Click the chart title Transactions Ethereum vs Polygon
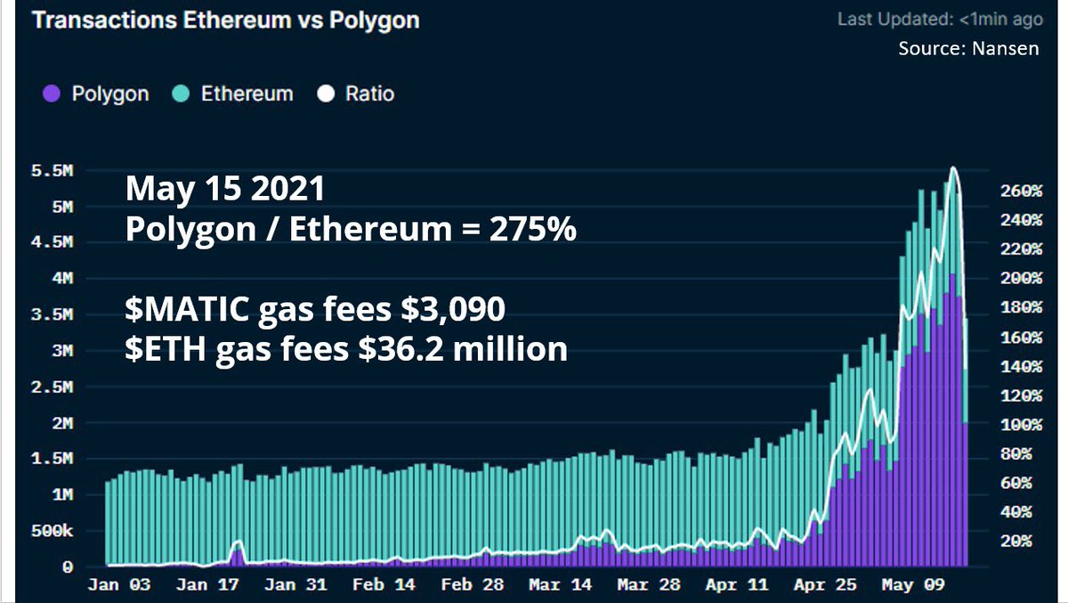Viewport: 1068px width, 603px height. (224, 20)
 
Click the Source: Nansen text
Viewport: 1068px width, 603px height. (968, 48)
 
